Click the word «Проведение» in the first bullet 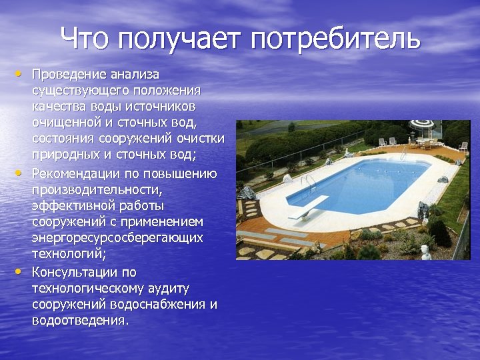tap(67, 73)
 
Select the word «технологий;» tap(69, 253)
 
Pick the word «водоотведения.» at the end tap(80, 320)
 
